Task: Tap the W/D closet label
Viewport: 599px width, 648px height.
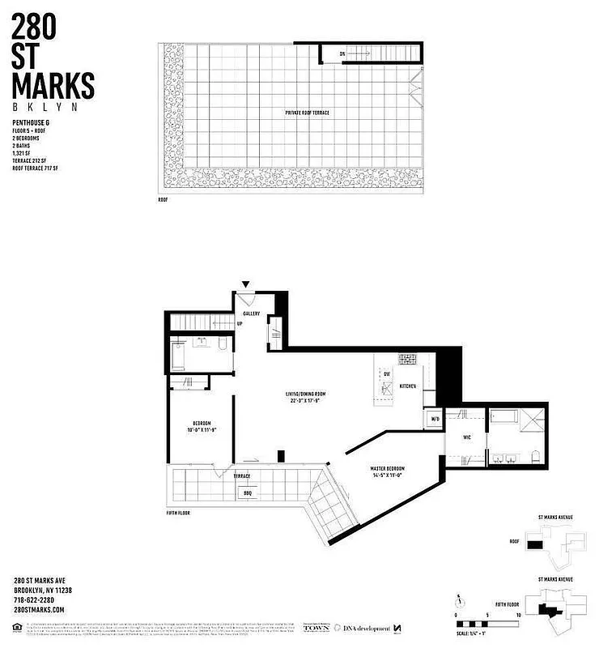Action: (435, 419)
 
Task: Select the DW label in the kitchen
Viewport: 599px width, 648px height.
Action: (387, 374)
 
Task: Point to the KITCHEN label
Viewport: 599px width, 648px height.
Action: (407, 386)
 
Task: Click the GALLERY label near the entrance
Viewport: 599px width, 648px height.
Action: (251, 313)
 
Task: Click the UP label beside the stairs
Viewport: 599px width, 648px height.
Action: (240, 325)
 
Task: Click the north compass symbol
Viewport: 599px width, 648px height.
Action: (459, 601)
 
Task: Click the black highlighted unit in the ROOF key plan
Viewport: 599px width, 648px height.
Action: (534, 545)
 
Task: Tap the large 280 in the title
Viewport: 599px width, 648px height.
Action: (35, 28)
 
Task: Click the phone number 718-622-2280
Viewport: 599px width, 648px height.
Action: (38, 599)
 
